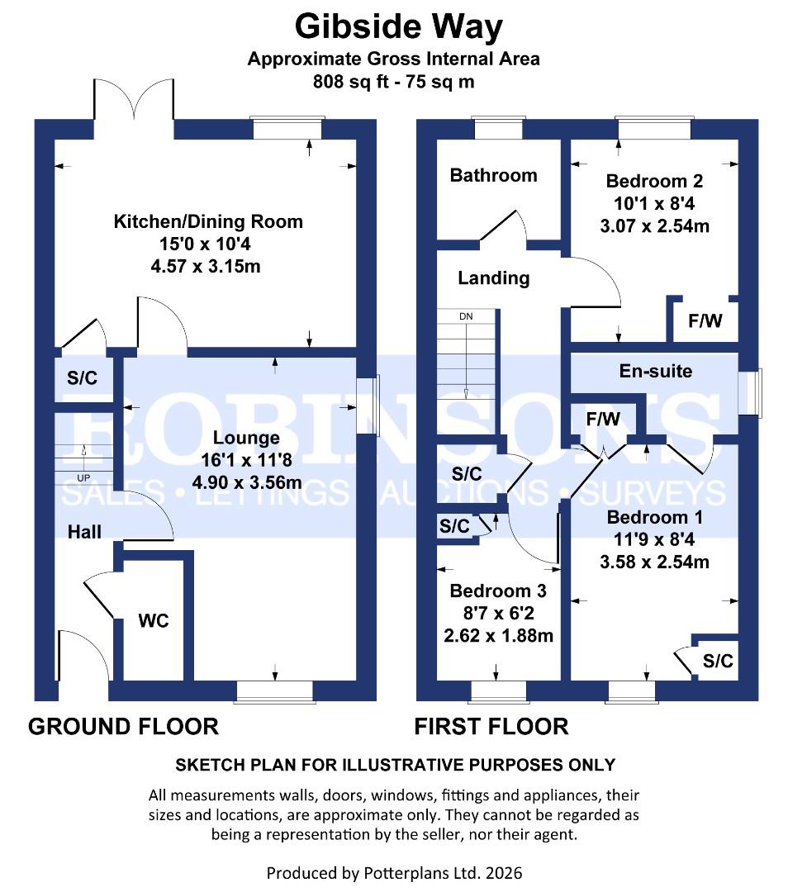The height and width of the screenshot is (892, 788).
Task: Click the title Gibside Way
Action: click(x=398, y=27)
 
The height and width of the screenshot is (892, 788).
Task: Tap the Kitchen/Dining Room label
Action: click(x=208, y=221)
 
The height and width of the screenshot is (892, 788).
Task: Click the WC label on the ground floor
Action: click(x=154, y=620)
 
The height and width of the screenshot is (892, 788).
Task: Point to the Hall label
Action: click(x=84, y=532)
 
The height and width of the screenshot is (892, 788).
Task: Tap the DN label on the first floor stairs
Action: click(x=467, y=316)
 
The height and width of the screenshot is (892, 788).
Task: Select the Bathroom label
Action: click(x=493, y=175)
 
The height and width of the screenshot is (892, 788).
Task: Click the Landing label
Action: click(x=493, y=278)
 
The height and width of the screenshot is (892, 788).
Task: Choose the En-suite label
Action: click(x=656, y=371)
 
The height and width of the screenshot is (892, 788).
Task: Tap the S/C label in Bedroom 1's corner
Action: click(x=718, y=662)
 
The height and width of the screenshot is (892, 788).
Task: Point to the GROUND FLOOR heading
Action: click(x=123, y=726)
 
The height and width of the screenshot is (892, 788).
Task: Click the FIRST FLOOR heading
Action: click(x=491, y=726)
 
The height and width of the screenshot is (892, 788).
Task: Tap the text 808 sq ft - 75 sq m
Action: click(x=393, y=82)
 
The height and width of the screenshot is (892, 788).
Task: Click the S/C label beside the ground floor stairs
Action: click(x=82, y=378)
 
